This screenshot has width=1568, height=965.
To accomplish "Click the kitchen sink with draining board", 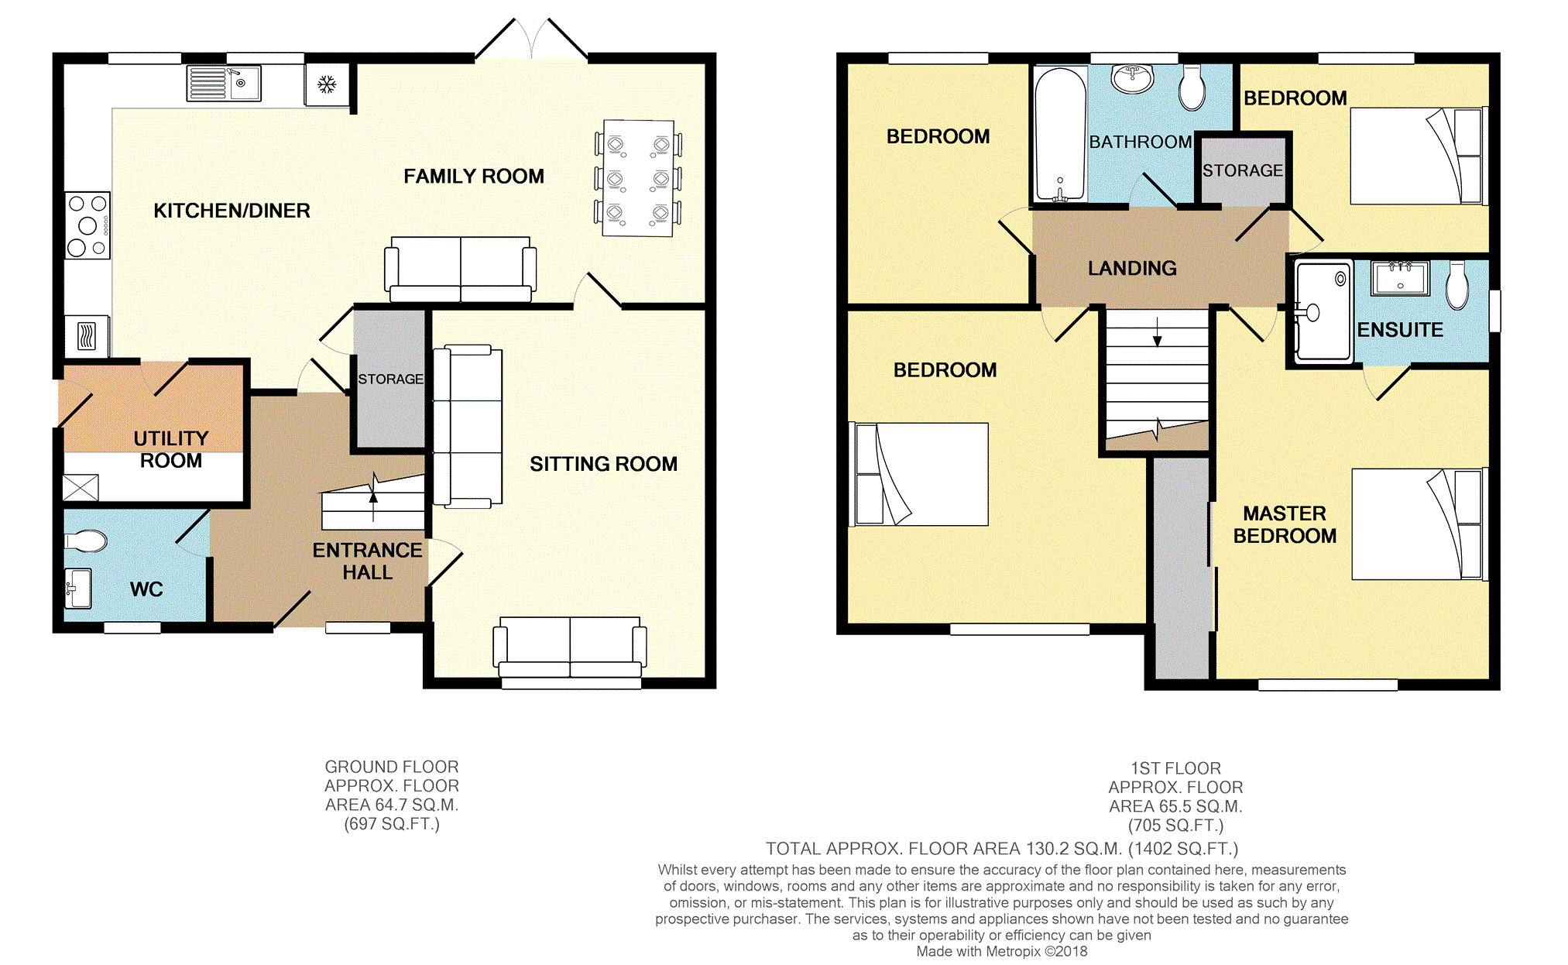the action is pos(224,84).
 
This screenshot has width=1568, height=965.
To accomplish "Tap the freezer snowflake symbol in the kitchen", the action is pos(327,84).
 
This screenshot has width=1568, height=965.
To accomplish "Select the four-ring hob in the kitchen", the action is pos(87,225).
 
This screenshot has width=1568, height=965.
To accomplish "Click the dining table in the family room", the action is pos(639,178).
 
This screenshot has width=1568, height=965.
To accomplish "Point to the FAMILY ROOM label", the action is pos(474,177).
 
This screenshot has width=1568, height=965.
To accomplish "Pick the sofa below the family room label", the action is pos(461,269).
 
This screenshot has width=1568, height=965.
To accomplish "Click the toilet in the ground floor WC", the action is pos(86,541).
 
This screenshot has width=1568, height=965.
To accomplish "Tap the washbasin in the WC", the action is pos(78,589).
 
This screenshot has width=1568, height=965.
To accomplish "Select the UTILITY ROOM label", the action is pos(171,449).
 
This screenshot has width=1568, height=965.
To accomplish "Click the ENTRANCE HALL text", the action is pos(368,561).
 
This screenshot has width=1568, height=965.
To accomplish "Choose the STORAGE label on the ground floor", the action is pos(391,379).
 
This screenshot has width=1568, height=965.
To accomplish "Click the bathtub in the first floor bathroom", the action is pos(1061,135).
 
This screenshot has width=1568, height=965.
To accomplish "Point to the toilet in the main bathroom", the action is pos(1192,88).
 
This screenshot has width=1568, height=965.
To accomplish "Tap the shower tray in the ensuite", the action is pos(1323,311).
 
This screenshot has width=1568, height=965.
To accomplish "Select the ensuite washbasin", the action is pos(1400,279).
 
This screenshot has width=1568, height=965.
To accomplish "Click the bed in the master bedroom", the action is pos(1419,524).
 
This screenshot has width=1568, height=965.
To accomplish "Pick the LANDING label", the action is pos(1132,268).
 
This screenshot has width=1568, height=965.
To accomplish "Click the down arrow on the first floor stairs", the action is pos(1158,331).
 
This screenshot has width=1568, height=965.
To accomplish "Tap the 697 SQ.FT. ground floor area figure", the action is pos(392,824).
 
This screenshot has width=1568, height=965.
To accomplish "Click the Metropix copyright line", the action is pos(1002,951).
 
